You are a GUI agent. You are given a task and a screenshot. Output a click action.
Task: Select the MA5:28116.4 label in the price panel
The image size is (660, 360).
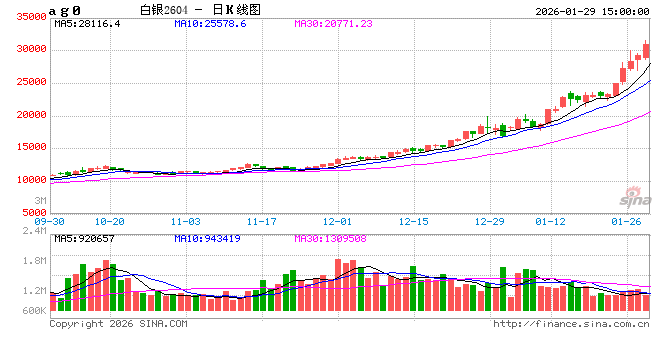(88, 23)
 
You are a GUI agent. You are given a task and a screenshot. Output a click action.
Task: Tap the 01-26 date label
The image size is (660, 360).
(627, 220)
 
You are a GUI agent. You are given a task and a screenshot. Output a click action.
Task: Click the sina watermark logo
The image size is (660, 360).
(628, 197)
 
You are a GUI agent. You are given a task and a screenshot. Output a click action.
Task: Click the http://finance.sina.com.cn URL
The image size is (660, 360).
(571, 324)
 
